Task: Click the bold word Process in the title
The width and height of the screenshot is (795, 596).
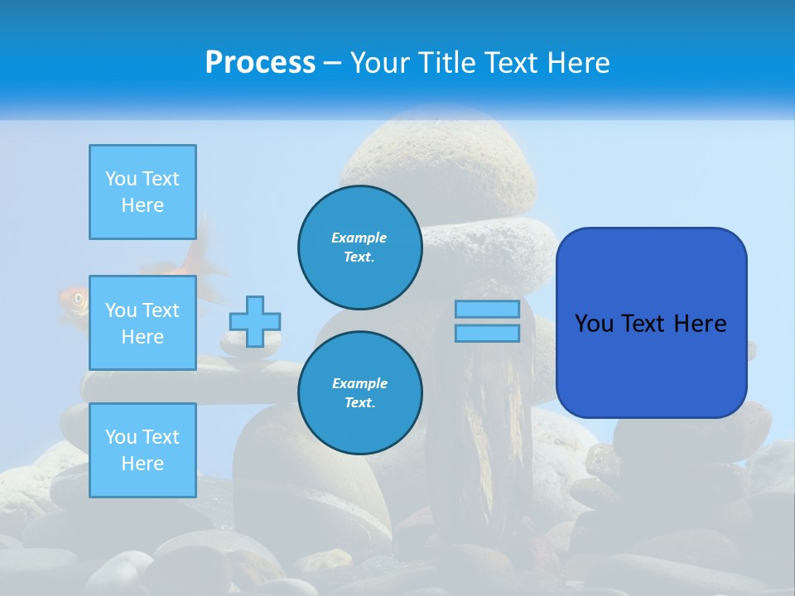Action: [x=260, y=63]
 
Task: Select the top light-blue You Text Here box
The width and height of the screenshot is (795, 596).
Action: [x=142, y=192]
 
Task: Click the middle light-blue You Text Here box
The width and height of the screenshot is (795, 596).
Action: [x=142, y=323]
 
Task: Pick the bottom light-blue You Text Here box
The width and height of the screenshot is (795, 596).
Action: [x=142, y=450]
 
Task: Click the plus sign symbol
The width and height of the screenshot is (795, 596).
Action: [x=255, y=321]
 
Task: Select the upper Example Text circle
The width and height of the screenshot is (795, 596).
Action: [x=359, y=247]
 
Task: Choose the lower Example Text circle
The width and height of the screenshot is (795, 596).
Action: [x=359, y=392]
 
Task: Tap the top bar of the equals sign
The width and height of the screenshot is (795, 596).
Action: [x=487, y=309]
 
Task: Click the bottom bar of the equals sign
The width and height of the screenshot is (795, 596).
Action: [x=487, y=333]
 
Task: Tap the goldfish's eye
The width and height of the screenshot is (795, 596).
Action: [x=79, y=299]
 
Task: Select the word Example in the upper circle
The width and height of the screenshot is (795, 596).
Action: [x=359, y=238]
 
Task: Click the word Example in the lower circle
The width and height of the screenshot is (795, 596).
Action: [x=359, y=383]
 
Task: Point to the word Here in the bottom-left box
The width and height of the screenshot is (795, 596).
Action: [x=142, y=464]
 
